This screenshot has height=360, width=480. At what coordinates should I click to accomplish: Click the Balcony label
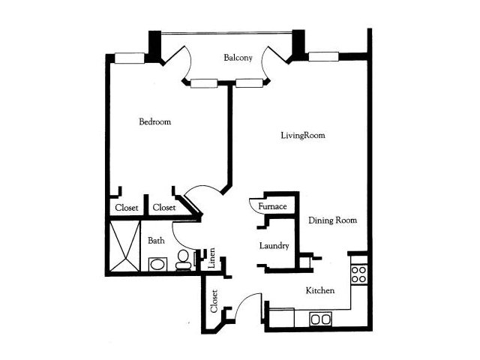tap(238, 58)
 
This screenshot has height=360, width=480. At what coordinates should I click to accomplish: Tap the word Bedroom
tap(155, 121)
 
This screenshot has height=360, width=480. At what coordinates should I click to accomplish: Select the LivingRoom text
tap(303, 135)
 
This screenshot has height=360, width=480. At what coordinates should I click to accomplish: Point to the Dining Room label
tap(332, 220)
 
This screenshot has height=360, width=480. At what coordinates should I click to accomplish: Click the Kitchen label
tap(320, 290)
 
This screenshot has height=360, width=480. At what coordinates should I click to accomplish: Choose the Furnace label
tap(272, 206)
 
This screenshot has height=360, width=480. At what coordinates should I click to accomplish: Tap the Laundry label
tap(274, 246)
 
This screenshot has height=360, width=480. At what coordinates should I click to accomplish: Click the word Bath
tap(156, 241)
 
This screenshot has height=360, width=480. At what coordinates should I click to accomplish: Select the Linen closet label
tap(211, 258)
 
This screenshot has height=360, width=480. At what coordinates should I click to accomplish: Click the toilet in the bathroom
tap(183, 259)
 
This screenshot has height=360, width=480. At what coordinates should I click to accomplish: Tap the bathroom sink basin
tap(157, 264)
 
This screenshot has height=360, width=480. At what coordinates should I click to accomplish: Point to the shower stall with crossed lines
tap(124, 246)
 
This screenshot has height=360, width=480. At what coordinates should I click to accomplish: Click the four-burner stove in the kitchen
tap(358, 274)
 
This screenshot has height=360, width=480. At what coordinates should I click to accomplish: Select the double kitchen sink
tap(320, 319)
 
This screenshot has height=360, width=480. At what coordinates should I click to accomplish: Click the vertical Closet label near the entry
tap(214, 301)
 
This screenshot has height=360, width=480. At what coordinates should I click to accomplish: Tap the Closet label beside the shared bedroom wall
tap(164, 208)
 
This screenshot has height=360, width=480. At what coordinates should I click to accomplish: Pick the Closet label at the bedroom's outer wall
tap(127, 208)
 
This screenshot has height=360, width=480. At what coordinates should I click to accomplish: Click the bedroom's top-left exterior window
tap(130, 58)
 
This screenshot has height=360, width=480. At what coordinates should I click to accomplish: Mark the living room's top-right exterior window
tap(323, 57)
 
